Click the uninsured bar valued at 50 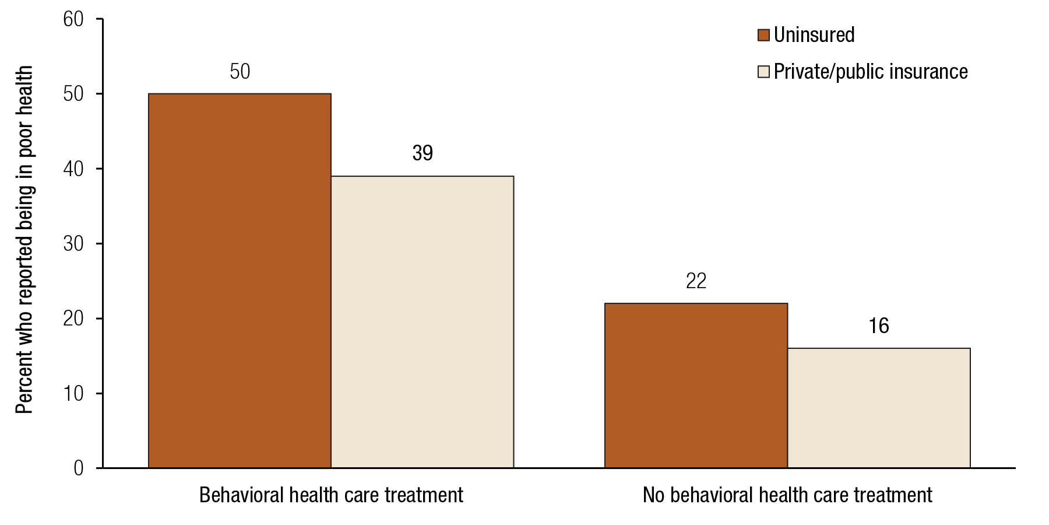[240, 281]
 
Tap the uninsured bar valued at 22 [696, 386]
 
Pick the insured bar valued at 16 [879, 408]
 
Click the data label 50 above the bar [240, 72]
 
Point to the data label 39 [423, 153]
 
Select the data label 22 [696, 281]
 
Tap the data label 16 [879, 326]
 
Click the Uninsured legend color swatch [763, 35]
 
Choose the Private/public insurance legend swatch [763, 72]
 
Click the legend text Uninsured [814, 35]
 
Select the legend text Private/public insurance [871, 72]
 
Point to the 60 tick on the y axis [73, 19]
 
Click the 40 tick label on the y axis [73, 169]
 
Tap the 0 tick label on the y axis [79, 468]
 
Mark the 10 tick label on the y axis [73, 394]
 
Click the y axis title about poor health [24, 239]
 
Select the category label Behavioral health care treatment [331, 495]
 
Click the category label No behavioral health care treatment [787, 495]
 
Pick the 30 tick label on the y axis [73, 244]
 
